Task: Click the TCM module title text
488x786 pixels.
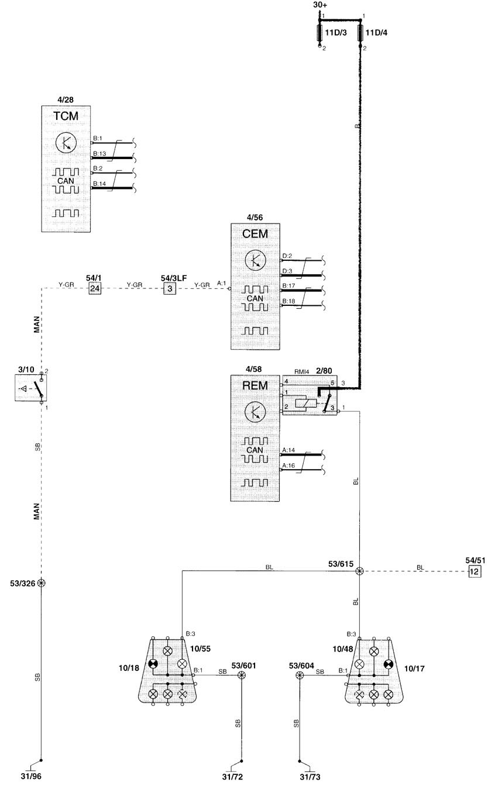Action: click(x=66, y=116)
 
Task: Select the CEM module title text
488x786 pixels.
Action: click(x=255, y=234)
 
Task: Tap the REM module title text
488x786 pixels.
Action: click(x=255, y=385)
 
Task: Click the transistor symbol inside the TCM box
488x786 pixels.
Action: click(x=66, y=143)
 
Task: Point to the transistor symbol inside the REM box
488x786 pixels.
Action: click(x=255, y=412)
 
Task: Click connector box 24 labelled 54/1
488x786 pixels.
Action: click(x=95, y=288)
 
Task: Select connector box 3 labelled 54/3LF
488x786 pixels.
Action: click(x=170, y=288)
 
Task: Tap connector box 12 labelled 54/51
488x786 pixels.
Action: click(x=474, y=571)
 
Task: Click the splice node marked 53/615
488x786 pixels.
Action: click(x=359, y=571)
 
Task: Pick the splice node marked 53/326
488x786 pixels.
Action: click(x=42, y=583)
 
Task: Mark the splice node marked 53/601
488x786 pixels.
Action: click(x=242, y=675)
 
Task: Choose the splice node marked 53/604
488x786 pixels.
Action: click(x=300, y=675)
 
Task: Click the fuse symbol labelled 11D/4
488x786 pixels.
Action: click(x=360, y=33)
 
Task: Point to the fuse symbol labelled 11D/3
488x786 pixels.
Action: click(x=320, y=33)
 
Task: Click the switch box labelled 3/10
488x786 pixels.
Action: click(x=31, y=388)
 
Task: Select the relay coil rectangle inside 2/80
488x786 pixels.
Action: click(x=306, y=404)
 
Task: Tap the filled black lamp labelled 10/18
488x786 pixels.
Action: click(x=153, y=664)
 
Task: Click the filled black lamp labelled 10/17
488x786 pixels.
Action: click(x=389, y=664)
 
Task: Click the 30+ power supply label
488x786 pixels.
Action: click(x=320, y=5)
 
